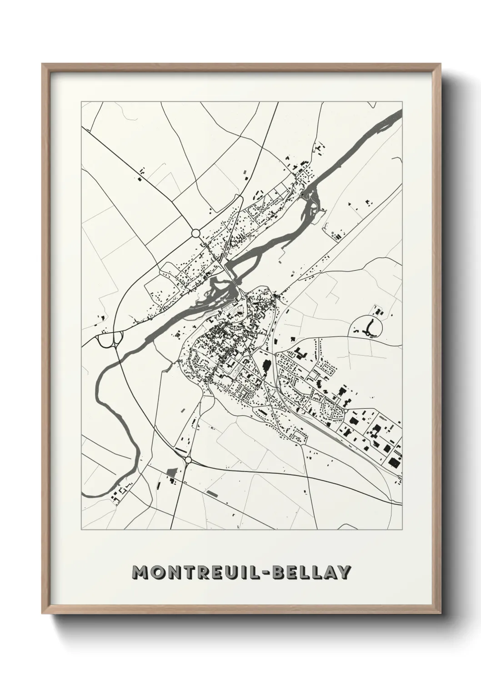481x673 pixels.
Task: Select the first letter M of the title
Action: click(139, 572)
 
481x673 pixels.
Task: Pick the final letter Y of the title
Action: click(344, 572)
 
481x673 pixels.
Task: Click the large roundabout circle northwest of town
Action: click(196, 233)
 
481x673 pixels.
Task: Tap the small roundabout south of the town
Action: click(188, 460)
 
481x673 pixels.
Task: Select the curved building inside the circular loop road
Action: click(369, 326)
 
